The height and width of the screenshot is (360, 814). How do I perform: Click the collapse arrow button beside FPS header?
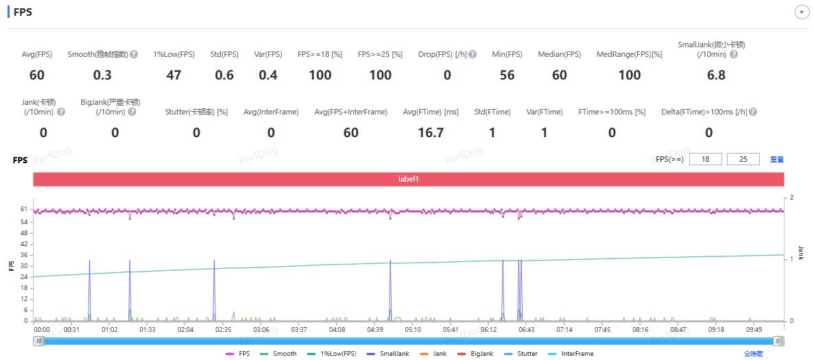click(800, 12)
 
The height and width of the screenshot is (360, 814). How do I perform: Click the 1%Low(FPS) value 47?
click(174, 75)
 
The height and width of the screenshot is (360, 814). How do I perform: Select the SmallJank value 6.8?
click(716, 75)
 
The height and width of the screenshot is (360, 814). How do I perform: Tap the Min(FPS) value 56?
click(507, 75)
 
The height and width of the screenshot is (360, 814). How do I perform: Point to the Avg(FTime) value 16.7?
click(431, 132)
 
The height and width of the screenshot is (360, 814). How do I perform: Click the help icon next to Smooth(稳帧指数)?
click(134, 54)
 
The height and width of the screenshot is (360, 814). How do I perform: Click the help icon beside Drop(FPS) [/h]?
click(472, 54)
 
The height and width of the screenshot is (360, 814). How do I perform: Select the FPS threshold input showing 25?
click(743, 159)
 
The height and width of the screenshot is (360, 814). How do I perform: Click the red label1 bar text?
click(409, 179)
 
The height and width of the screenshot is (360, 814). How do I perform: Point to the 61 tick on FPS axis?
click(23, 208)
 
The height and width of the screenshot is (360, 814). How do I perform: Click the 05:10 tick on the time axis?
click(413, 330)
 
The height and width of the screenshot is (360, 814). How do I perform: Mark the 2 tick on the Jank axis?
click(792, 197)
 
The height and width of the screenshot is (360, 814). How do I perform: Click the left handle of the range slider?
click(40, 341)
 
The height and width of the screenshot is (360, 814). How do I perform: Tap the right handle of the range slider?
click(778, 341)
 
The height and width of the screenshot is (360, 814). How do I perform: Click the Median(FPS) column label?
click(559, 54)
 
